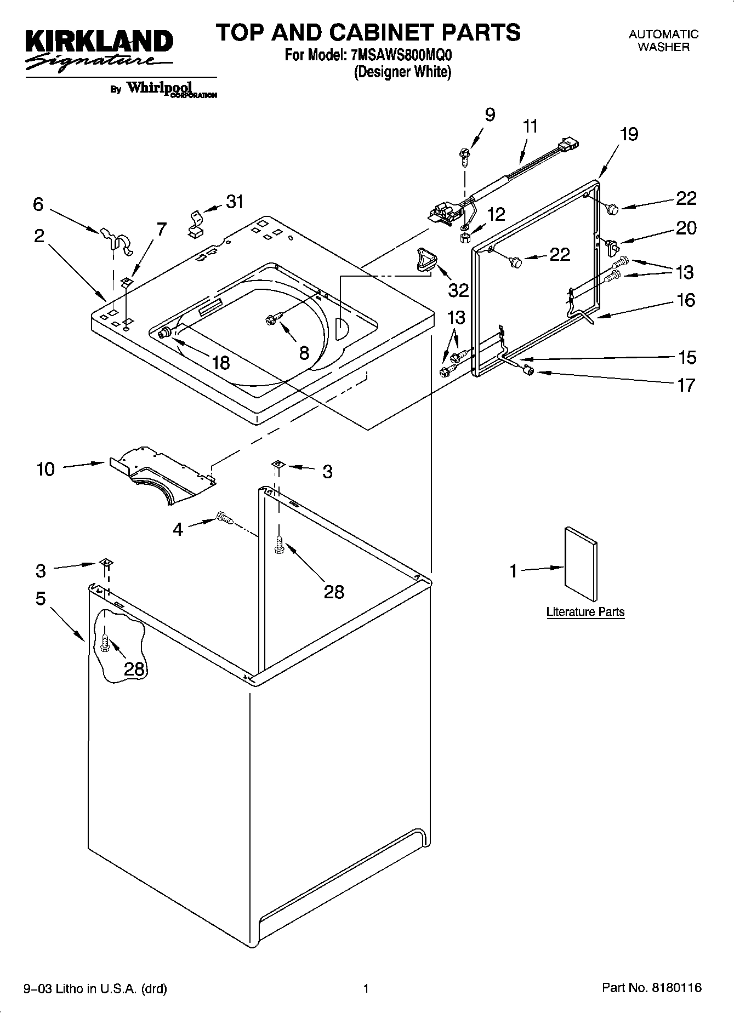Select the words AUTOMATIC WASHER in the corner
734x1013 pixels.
[x=663, y=41]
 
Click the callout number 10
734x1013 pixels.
[x=46, y=469]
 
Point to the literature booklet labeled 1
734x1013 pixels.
[x=581, y=564]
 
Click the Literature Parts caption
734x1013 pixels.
[x=585, y=611]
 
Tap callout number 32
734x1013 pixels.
[x=458, y=289]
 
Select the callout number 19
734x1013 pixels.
[x=629, y=134]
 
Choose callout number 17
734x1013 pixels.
[x=686, y=385]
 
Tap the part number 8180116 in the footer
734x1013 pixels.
[x=676, y=988]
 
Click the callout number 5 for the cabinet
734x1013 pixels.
[x=41, y=599]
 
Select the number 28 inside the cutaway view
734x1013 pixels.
[x=134, y=668]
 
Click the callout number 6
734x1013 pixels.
[x=38, y=204]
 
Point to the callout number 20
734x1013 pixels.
[x=686, y=227]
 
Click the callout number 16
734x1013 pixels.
[x=686, y=300]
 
